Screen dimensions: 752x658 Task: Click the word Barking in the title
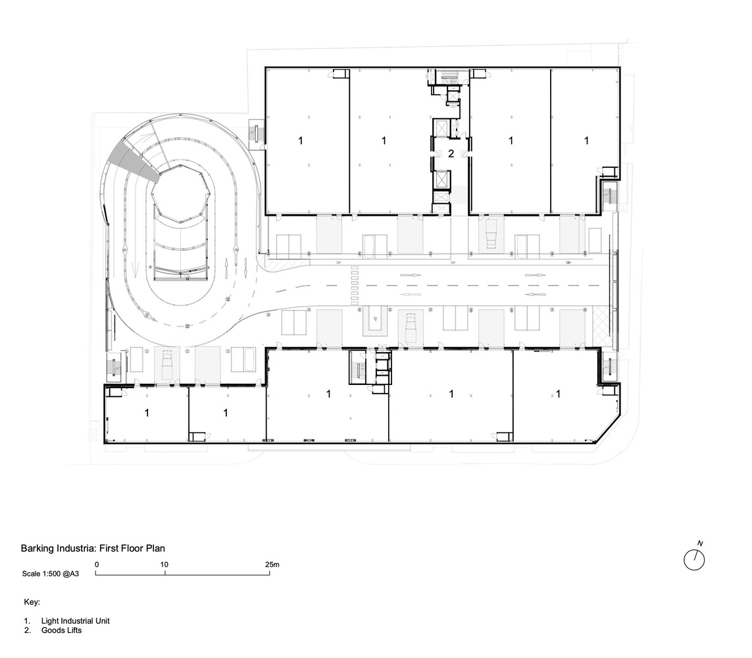click(37, 549)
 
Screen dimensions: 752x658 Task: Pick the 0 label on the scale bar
click(97, 565)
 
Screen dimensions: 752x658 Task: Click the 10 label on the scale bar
click(164, 565)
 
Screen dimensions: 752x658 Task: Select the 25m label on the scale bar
click(272, 565)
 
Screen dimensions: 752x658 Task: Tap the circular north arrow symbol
click(694, 559)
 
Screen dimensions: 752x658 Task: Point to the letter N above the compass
click(700, 544)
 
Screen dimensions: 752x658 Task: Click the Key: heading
click(32, 602)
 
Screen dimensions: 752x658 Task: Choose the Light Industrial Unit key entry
click(75, 620)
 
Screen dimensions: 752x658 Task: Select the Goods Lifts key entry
click(61, 630)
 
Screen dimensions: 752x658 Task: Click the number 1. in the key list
click(28, 620)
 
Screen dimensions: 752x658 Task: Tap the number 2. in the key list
click(28, 630)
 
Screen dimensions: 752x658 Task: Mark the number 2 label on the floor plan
click(451, 154)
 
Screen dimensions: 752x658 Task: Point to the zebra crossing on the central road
click(355, 286)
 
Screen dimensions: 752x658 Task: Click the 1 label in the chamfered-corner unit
click(559, 393)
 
